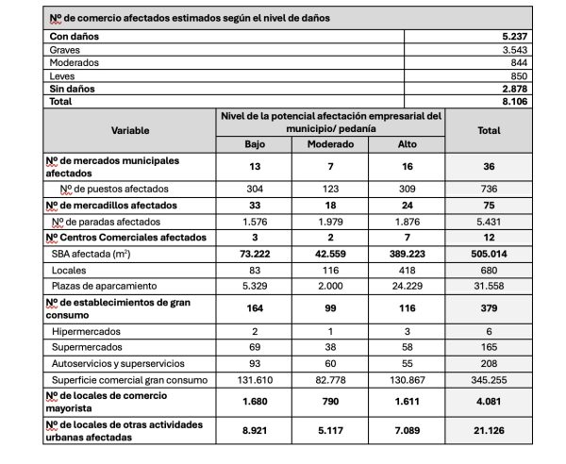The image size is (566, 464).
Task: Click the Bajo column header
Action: (255, 144)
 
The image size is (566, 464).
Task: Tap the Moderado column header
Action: (330, 144)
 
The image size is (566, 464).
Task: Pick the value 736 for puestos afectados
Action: (488, 188)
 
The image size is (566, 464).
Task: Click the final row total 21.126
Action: (488, 431)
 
